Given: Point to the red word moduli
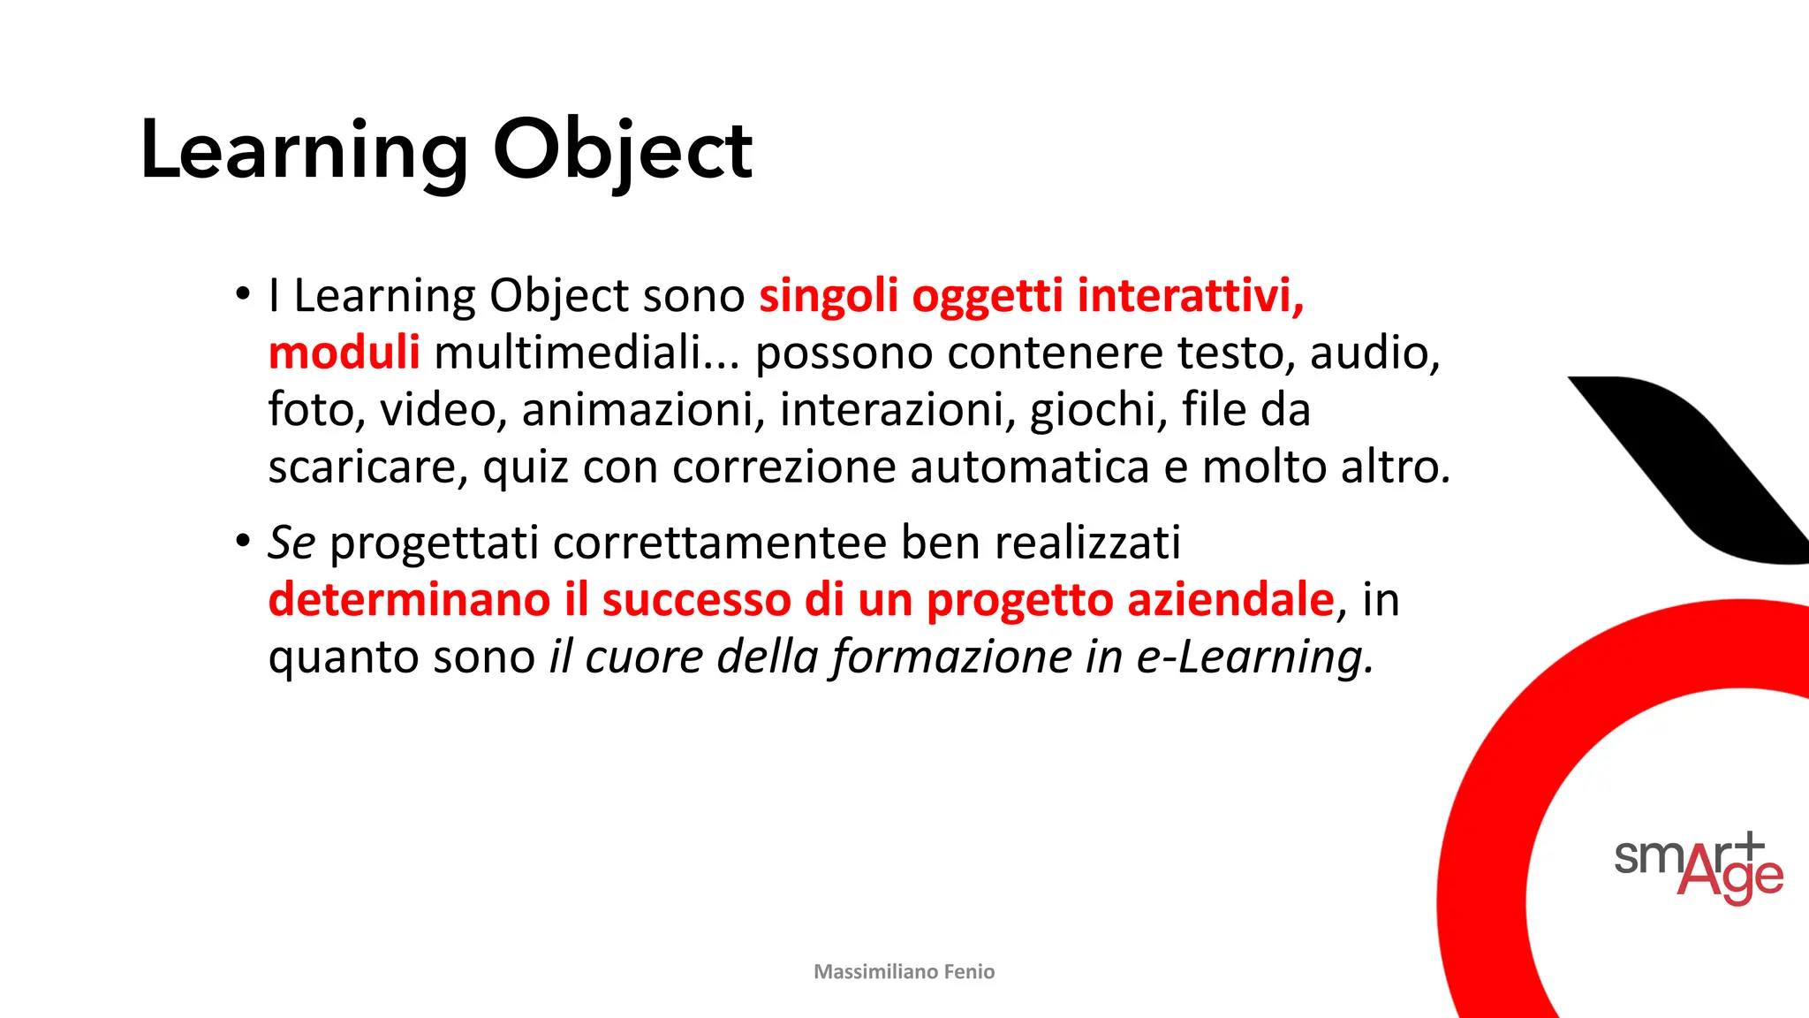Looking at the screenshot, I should click(344, 353).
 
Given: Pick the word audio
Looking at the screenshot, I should click(1374, 353).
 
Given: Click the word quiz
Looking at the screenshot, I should click(525, 467).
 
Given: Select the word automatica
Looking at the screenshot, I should click(1029, 467).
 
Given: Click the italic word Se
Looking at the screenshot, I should click(291, 543).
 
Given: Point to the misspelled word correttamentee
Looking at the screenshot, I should click(719, 543).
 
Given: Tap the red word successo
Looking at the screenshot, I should click(695, 600).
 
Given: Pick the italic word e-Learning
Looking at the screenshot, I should click(1254, 657).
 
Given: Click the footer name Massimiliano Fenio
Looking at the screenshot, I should click(904, 972).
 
